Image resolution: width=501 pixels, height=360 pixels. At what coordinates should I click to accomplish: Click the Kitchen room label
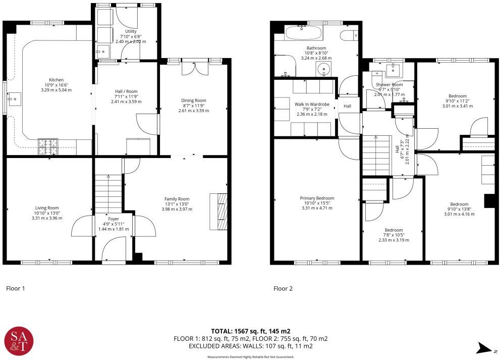(56, 80)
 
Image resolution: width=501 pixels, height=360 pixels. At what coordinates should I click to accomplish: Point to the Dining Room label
(194, 100)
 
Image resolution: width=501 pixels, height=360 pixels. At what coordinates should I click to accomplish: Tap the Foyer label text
(113, 219)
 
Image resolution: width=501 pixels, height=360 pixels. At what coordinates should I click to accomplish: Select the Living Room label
(47, 208)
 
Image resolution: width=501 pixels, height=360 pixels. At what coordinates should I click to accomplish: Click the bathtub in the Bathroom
(303, 34)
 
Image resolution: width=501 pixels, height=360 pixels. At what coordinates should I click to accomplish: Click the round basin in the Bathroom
(323, 69)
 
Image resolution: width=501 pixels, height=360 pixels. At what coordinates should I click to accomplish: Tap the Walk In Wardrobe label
(312, 104)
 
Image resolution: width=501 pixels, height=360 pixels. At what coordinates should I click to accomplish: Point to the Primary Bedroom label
(317, 198)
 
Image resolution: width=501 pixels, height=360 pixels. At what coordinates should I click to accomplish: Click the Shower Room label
(389, 84)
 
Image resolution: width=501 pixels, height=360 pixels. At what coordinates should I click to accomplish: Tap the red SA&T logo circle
(18, 342)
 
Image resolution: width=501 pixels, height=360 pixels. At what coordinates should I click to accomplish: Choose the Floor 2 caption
(283, 289)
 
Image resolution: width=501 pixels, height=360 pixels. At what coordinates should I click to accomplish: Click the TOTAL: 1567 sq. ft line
(250, 331)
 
